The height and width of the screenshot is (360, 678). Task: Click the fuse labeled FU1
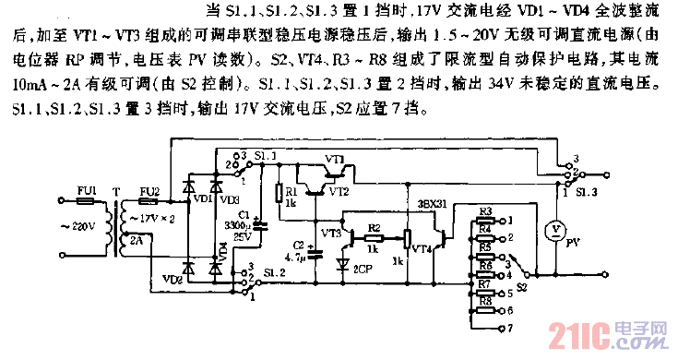point(89,199)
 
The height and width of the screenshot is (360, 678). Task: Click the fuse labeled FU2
point(149,199)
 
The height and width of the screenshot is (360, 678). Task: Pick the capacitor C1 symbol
point(257,222)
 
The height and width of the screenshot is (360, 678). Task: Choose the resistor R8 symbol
point(486,312)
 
